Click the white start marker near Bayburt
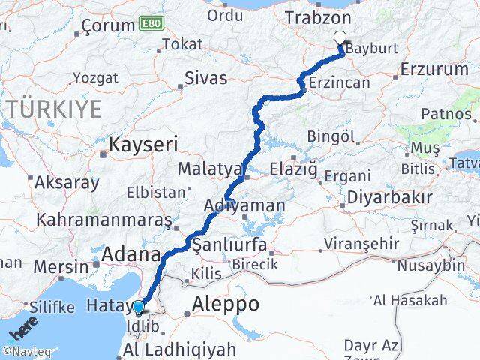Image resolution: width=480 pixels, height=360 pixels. (x=340, y=38)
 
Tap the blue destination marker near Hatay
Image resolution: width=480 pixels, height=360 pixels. (x=138, y=306)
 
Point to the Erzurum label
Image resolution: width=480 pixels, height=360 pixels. (x=434, y=69)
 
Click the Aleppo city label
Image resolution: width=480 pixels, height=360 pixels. (x=226, y=304)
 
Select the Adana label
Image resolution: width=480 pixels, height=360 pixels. (x=132, y=253)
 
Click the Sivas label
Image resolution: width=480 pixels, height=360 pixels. (x=205, y=76)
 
